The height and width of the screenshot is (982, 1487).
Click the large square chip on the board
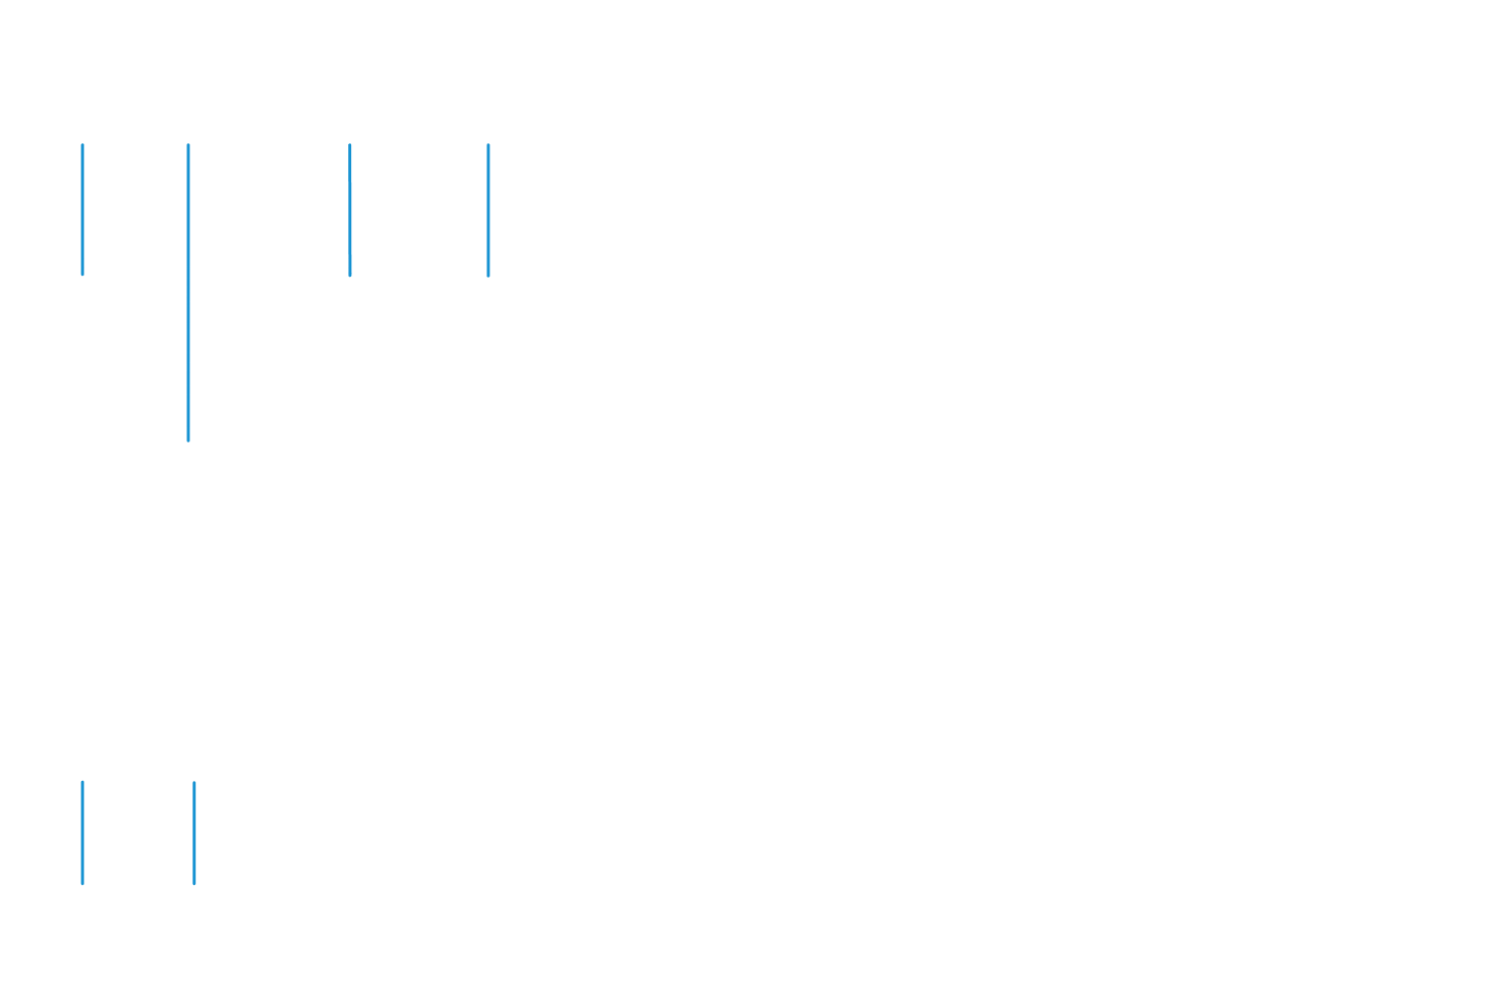291,493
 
